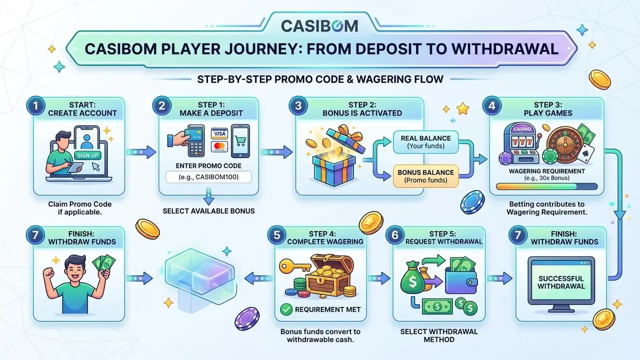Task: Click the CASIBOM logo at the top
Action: pyautogui.click(x=319, y=26)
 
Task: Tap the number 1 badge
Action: pyautogui.click(x=35, y=105)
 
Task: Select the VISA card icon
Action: pyautogui.click(x=219, y=133)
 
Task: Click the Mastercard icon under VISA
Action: pyautogui.click(x=219, y=146)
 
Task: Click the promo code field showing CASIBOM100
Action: pyautogui.click(x=208, y=177)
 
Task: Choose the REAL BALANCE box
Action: pyautogui.click(x=425, y=142)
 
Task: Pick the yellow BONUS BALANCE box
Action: pyautogui.click(x=425, y=176)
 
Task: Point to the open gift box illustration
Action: pyautogui.click(x=335, y=155)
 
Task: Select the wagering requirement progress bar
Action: pyautogui.click(x=547, y=186)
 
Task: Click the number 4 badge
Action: pyautogui.click(x=491, y=105)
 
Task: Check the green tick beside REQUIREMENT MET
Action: pyautogui.click(x=286, y=309)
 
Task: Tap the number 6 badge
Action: pyautogui.click(x=395, y=235)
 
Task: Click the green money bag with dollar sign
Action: pyautogui.click(x=412, y=278)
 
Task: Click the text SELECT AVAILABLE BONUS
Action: pyautogui.click(x=208, y=211)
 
